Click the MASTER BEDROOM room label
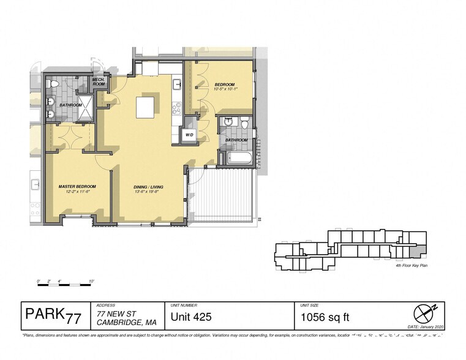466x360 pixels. [77, 186]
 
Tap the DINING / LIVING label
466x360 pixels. [149, 186]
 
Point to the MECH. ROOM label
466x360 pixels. [99, 81]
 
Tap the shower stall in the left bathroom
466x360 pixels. [86, 107]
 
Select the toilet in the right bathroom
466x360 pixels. [244, 124]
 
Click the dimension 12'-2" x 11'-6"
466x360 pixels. [77, 192]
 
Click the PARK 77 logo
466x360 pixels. [53, 315]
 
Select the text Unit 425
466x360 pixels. [190, 317]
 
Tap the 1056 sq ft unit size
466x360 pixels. [325, 317]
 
